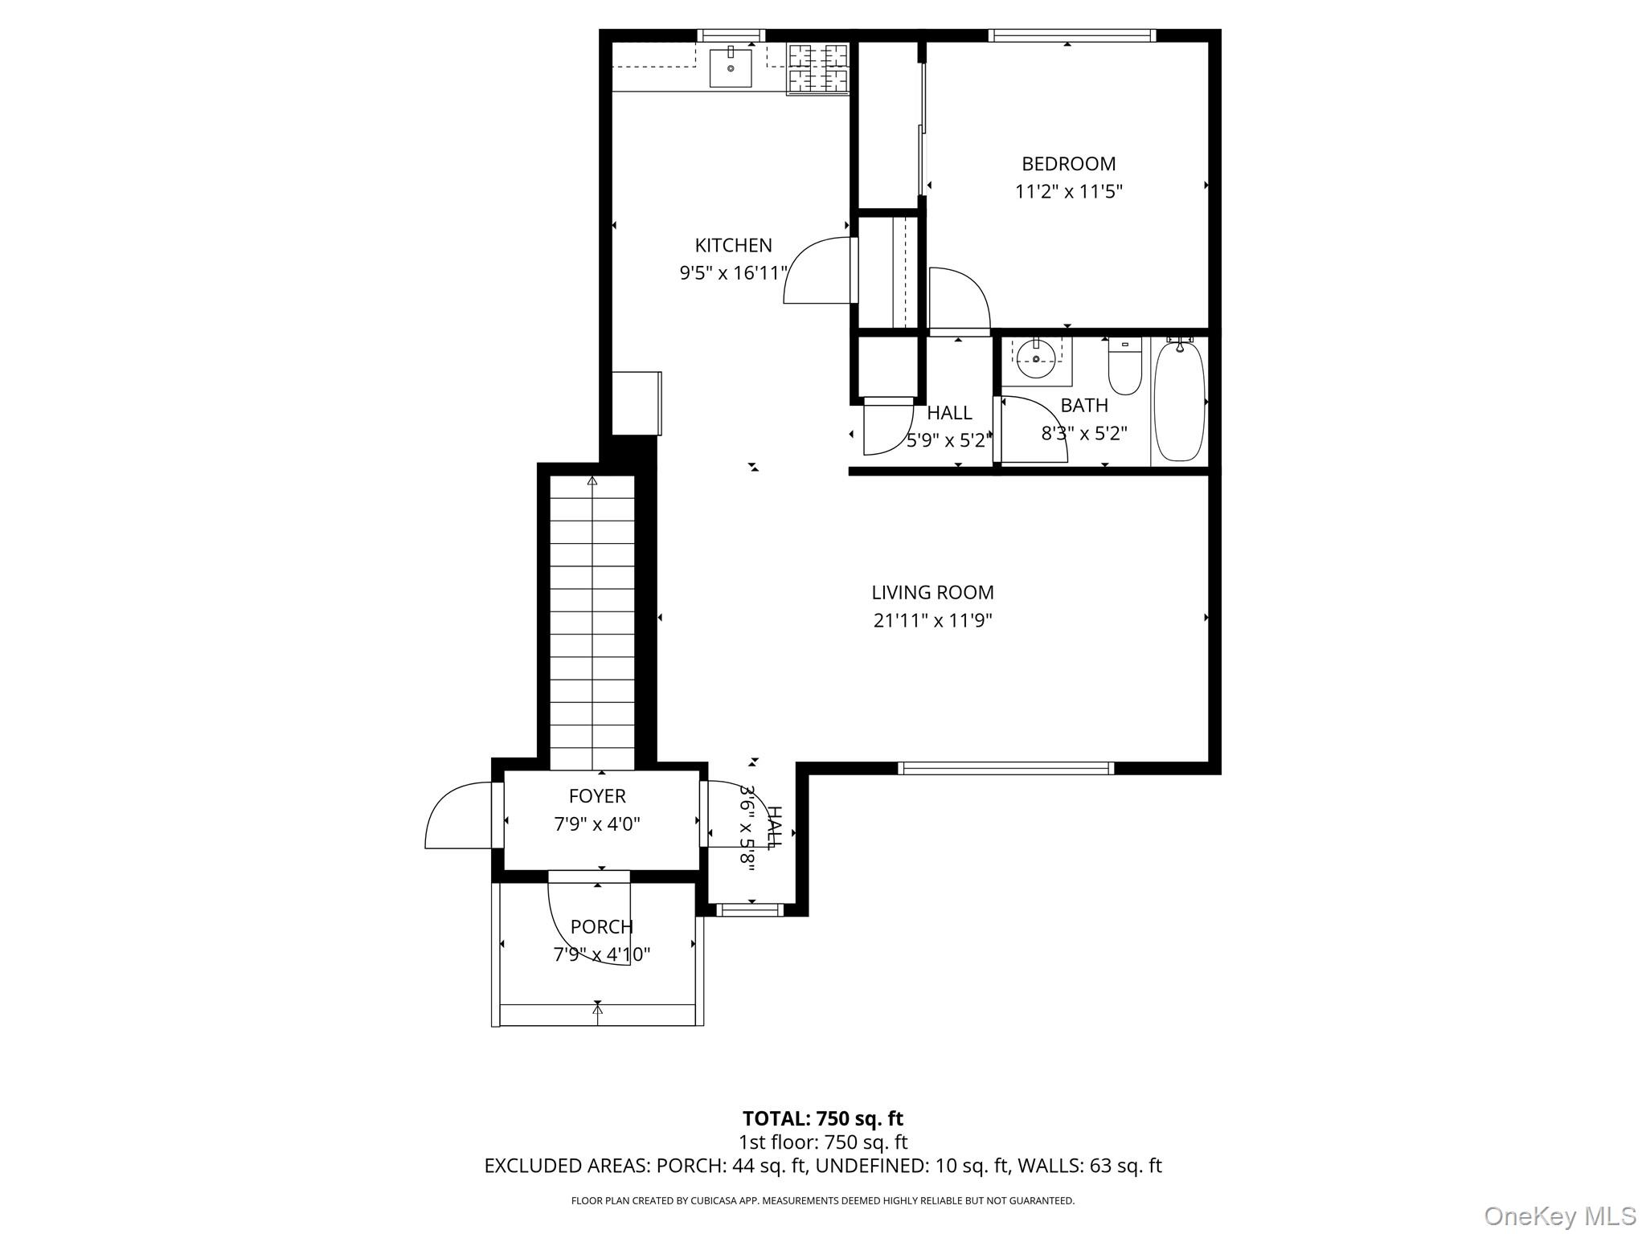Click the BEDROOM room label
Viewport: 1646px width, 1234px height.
pos(1068,164)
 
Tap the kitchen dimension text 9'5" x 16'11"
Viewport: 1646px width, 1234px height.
pos(733,273)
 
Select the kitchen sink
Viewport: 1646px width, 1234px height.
pos(731,67)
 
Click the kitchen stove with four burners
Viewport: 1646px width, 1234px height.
pos(817,69)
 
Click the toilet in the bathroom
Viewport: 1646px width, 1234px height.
pos(1124,368)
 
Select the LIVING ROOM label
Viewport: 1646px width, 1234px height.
pos(932,593)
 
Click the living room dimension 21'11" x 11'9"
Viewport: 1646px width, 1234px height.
pos(932,620)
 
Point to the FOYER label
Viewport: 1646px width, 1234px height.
pos(597,796)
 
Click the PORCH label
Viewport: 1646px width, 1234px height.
pos(601,927)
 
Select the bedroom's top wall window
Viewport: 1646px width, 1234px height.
pos(1071,35)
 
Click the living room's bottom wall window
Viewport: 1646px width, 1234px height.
pos(1005,768)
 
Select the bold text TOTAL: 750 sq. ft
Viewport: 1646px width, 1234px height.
pos(822,1118)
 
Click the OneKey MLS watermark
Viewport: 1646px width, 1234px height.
pos(1559,1216)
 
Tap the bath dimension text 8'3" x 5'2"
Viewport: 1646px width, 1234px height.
pos(1083,434)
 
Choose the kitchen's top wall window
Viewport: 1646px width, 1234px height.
pos(730,35)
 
